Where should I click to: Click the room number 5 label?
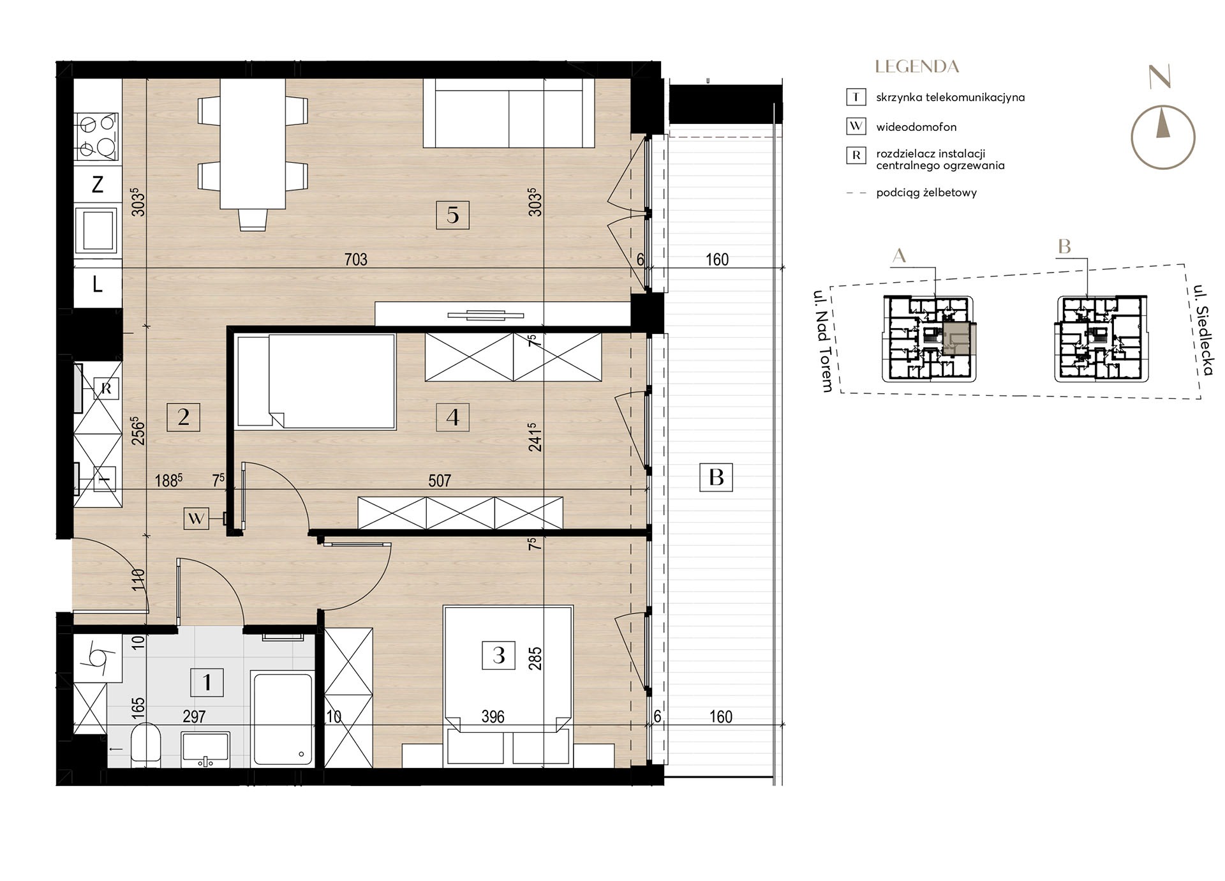(452, 215)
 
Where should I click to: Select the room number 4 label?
(452, 417)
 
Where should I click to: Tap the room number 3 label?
(499, 654)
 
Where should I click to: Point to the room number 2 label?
(183, 417)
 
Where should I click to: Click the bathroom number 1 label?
(207, 682)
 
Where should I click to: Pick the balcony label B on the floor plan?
(716, 477)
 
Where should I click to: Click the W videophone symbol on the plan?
(196, 518)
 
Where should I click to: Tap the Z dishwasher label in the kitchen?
(98, 184)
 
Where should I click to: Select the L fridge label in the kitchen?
(97, 283)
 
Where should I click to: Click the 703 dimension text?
(355, 259)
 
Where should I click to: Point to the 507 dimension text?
(440, 481)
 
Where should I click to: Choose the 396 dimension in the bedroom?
(493, 717)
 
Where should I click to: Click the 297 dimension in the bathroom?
(194, 717)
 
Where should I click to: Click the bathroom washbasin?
(205, 749)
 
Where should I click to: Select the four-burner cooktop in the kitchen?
(96, 137)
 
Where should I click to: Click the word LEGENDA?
(917, 66)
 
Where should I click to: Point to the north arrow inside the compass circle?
(1163, 124)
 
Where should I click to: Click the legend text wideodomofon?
(916, 127)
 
